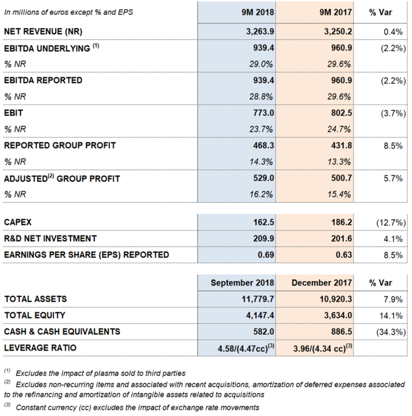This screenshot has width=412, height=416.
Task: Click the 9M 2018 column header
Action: coord(257,12)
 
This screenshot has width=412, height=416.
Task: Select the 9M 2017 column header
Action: coord(335,12)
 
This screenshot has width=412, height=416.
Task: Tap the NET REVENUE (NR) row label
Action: coord(43,32)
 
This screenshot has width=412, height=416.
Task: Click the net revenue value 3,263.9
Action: coord(260,32)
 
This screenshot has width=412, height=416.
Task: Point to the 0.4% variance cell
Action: coord(393,32)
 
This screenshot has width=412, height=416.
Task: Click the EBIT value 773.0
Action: coord(263,113)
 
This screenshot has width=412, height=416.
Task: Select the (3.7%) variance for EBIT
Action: coord(393,113)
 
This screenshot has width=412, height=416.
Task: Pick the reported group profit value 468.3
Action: coord(263,146)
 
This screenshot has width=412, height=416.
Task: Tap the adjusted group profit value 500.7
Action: coord(342,178)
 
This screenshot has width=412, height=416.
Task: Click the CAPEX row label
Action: coord(18,222)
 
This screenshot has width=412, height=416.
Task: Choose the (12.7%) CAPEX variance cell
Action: coord(391,222)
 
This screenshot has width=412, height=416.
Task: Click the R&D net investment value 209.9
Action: coord(263,238)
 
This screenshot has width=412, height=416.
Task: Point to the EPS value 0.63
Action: coord(344,254)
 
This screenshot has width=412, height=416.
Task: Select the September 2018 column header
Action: coord(242,283)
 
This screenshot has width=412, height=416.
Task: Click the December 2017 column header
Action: coord(322,283)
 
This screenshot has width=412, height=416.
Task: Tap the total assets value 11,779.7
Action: coord(257,299)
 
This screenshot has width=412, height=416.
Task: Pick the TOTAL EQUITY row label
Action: coord(35,315)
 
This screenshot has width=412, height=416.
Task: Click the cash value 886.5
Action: coord(342,332)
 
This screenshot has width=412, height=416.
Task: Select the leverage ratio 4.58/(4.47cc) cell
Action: coord(246,348)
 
